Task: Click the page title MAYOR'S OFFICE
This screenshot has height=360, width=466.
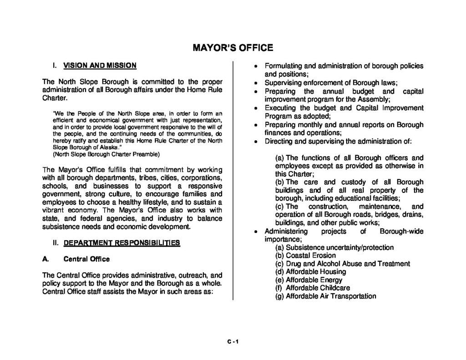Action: point(233,47)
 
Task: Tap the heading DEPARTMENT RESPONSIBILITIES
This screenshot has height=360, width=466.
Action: point(122,243)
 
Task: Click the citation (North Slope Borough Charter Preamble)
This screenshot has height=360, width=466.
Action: point(106,154)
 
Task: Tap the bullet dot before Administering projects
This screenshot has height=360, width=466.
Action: point(256,232)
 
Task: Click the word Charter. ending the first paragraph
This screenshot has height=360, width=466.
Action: point(55,98)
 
